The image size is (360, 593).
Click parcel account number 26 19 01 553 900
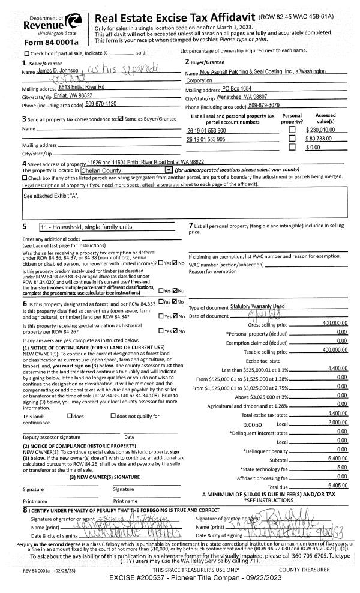[x=206, y=130]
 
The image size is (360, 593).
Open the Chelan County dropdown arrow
[x=169, y=170]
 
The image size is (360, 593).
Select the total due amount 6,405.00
[x=337, y=484]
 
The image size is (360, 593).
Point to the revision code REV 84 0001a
[x=39, y=570]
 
